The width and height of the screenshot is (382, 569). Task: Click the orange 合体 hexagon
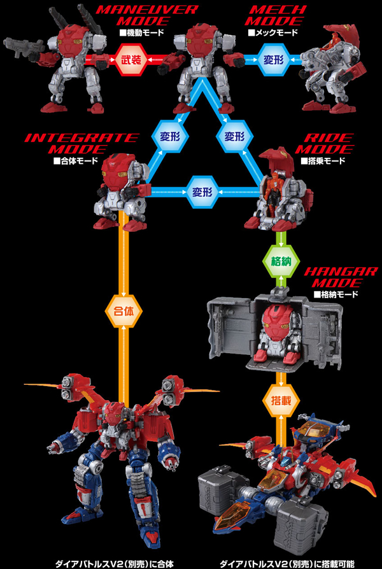(x=121, y=313)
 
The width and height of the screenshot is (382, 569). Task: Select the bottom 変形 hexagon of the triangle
(x=201, y=190)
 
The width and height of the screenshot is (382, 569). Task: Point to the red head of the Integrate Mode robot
(x=122, y=168)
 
